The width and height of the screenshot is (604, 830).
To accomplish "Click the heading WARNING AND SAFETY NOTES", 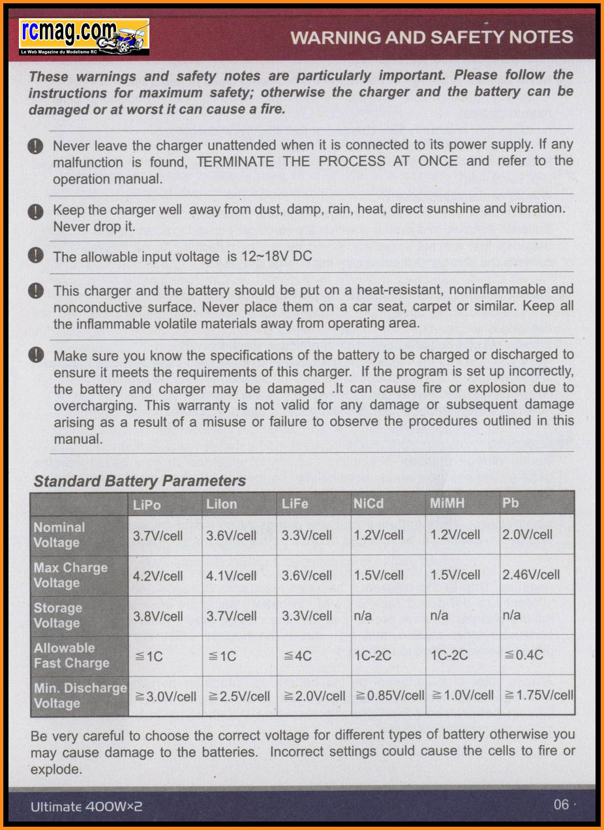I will tap(432, 37).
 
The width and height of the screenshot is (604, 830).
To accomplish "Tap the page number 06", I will tap(562, 805).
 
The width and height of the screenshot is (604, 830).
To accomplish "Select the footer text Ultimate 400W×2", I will tap(86, 806).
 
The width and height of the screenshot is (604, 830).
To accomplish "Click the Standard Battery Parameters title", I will tap(140, 481).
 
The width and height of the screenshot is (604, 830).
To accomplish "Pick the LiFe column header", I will tap(295, 504).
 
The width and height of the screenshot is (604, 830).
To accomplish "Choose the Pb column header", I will tap(511, 503).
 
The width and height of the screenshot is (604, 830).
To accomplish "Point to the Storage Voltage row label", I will tap(58, 615).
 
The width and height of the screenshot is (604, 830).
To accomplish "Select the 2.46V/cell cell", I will tap(531, 575).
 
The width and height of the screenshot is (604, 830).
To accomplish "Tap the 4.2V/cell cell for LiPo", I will tap(158, 576).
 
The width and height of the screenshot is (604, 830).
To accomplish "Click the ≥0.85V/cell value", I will tap(388, 695).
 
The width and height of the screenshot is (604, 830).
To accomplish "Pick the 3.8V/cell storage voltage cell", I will tap(158, 616).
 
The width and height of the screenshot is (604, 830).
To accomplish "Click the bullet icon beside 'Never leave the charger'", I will tap(36, 146).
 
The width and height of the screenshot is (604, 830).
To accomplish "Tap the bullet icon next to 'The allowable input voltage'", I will tap(36, 255).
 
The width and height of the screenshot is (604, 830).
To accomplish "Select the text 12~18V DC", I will tap(277, 256).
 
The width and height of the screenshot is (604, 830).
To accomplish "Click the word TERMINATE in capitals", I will tap(235, 161).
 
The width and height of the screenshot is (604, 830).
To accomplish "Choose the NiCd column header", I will tap(369, 503).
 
